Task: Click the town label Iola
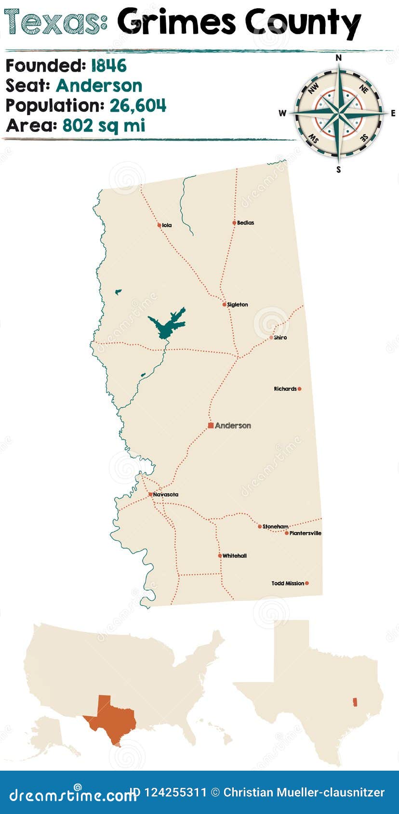click(167, 225)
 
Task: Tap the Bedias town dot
click(234, 223)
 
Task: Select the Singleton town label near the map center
click(238, 305)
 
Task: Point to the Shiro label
click(280, 338)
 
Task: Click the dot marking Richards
click(299, 389)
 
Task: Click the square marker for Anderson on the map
click(211, 425)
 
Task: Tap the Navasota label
click(166, 495)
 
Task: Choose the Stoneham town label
click(276, 527)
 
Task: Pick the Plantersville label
click(306, 533)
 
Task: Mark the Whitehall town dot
click(220, 556)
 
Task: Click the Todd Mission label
click(288, 583)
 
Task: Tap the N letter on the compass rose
click(338, 58)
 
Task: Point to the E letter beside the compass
click(393, 114)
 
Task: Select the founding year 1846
click(109, 66)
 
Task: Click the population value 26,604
click(138, 105)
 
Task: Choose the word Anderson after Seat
click(99, 86)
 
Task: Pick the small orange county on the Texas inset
click(356, 702)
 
